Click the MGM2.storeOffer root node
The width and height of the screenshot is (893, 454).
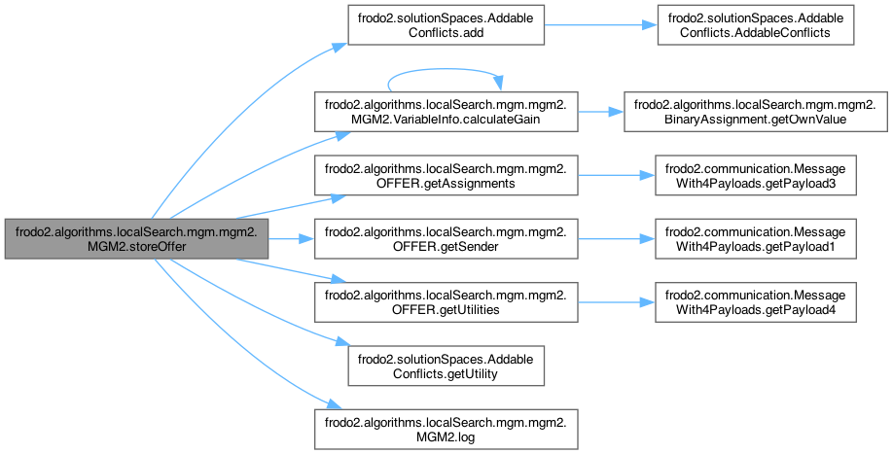(x=135, y=237)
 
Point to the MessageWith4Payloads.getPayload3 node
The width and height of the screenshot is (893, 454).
(x=756, y=175)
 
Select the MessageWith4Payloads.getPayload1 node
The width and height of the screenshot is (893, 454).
(x=756, y=237)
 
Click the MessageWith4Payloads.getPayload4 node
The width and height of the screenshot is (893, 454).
(x=756, y=300)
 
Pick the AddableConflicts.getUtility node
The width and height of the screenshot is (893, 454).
(x=426, y=364)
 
